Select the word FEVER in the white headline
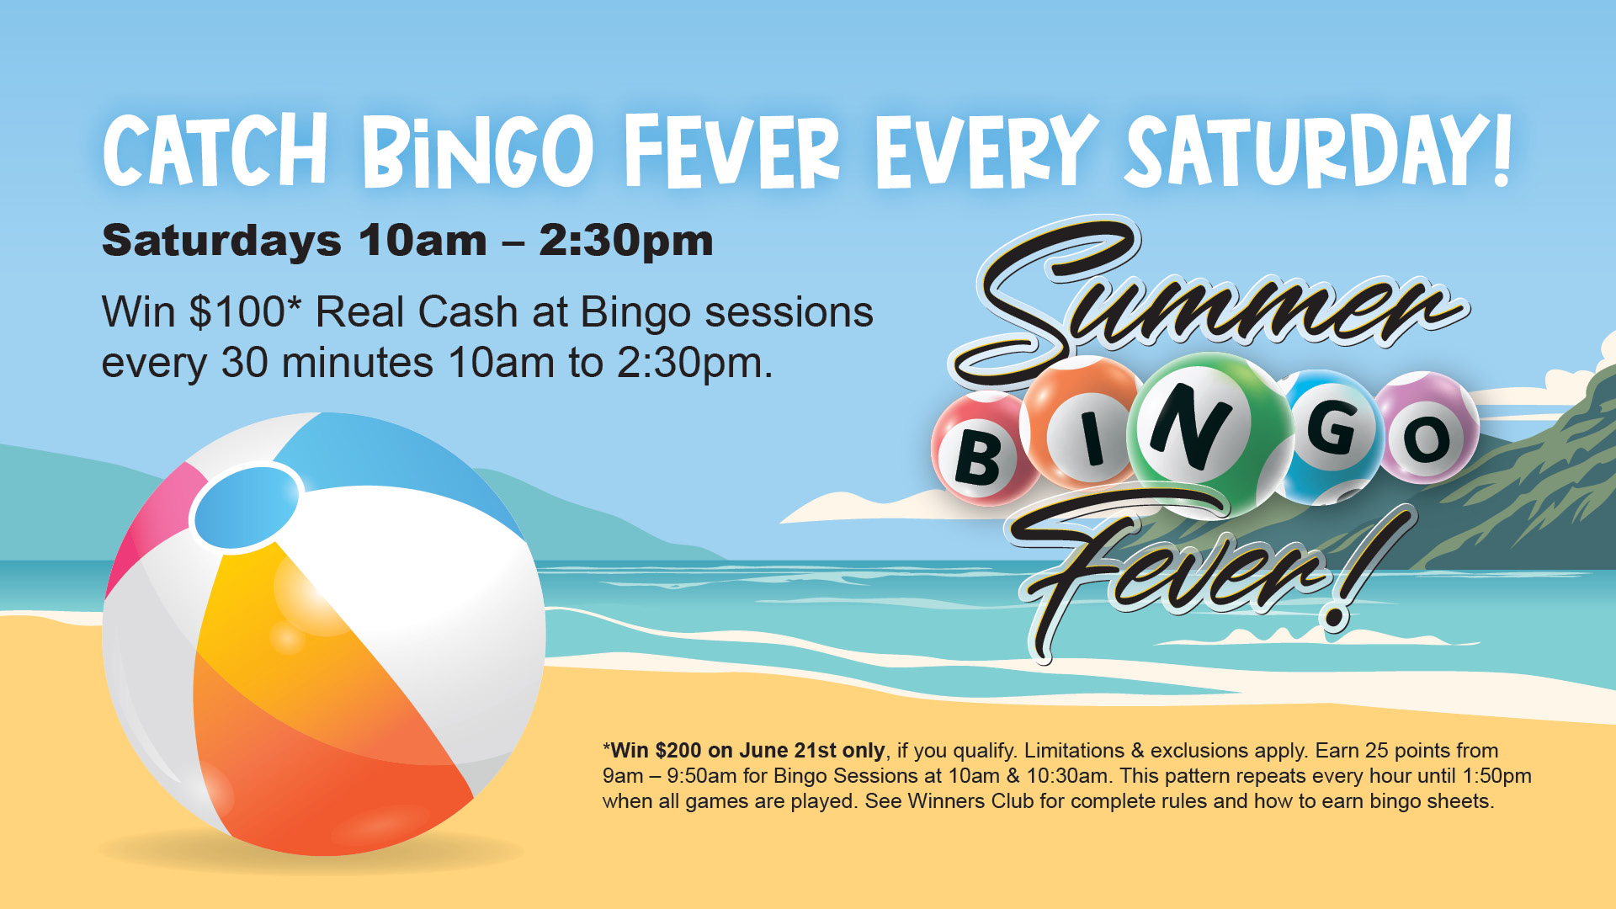(732, 151)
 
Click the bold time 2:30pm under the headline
(626, 242)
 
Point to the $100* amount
(245, 311)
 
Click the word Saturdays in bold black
(221, 242)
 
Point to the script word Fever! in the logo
(1212, 572)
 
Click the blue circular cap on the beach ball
(246, 508)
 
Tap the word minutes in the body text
(358, 363)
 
